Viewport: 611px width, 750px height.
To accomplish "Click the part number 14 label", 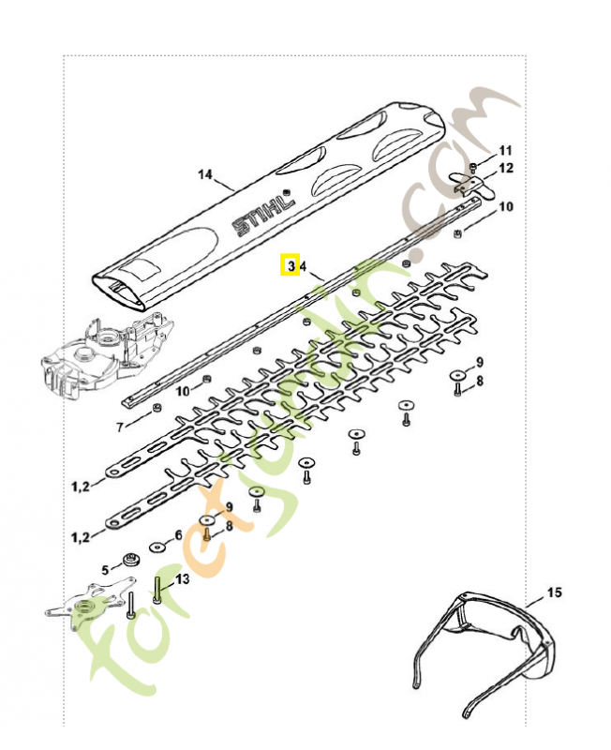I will click(x=206, y=173).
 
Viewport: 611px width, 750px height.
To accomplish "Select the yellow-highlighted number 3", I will click(x=291, y=266).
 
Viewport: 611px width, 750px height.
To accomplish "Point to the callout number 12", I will click(x=506, y=169).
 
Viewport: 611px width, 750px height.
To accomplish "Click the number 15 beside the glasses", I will click(x=555, y=592).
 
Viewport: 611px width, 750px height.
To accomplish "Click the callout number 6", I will click(x=178, y=535).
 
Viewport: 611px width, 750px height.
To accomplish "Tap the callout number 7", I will click(x=119, y=427).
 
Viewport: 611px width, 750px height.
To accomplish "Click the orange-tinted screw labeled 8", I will click(x=205, y=535).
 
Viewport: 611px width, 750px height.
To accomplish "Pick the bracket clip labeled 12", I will click(x=466, y=185).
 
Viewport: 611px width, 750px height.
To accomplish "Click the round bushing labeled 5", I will click(x=128, y=565).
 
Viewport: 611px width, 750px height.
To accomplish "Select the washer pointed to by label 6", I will click(x=156, y=547).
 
